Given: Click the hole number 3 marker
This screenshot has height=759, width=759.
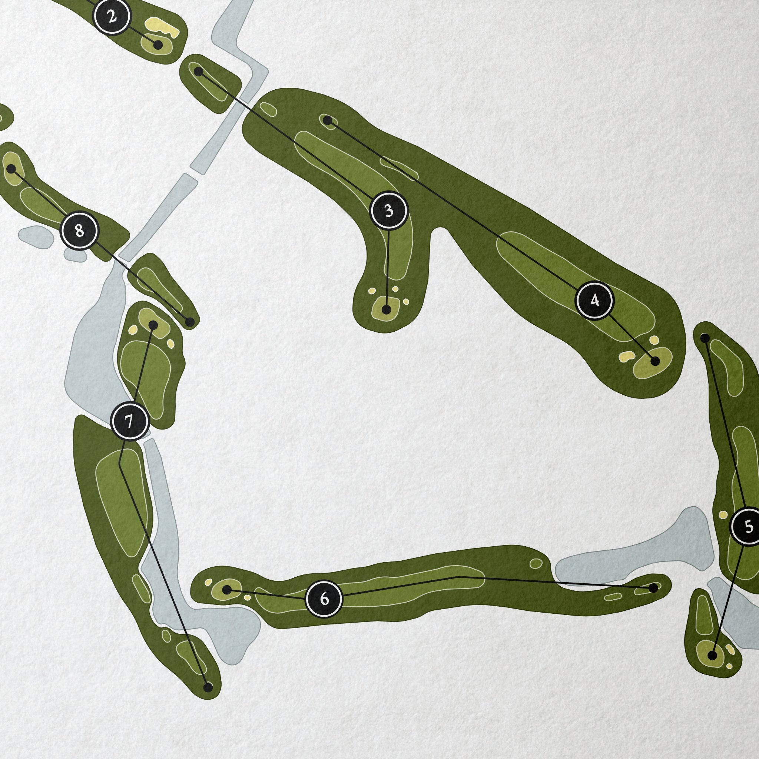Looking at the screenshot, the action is pyautogui.click(x=389, y=211).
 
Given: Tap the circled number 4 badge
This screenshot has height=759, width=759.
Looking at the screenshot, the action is pyautogui.click(x=594, y=301).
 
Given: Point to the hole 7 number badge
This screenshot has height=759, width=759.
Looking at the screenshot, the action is pyautogui.click(x=130, y=421).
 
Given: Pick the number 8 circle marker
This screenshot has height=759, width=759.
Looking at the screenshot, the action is pyautogui.click(x=79, y=231).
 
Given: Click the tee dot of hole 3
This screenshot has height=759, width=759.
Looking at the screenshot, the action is pyautogui.click(x=199, y=72).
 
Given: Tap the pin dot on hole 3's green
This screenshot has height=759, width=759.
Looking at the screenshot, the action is pyautogui.click(x=387, y=309).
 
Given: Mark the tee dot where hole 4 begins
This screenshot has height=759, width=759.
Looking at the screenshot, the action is pyautogui.click(x=327, y=120).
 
